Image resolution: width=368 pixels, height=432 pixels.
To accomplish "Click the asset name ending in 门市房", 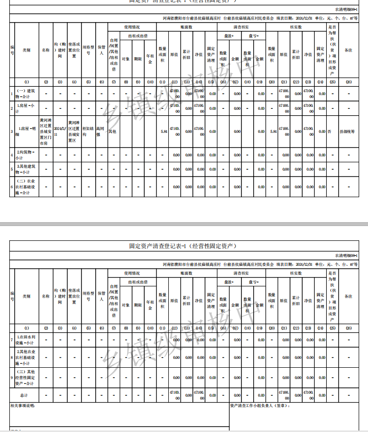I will [46, 131].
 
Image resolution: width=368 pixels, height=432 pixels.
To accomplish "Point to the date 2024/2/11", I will [60, 131].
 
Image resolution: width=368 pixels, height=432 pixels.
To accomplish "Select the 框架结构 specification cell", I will [88, 131].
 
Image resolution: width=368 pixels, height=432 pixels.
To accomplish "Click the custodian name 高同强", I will [101, 131].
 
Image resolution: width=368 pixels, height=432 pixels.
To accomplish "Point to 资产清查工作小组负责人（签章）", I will [260, 406].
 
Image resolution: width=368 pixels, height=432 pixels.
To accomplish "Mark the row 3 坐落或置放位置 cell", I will [74, 131].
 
